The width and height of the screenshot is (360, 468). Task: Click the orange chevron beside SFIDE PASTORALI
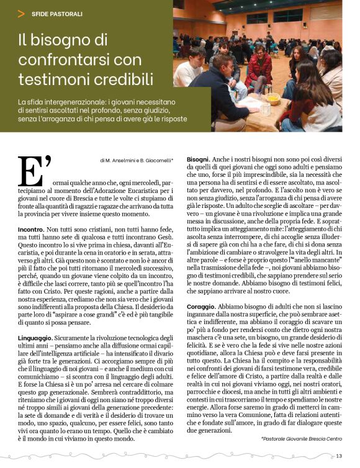[x=22, y=13]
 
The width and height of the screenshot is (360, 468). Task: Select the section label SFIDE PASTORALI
[x=57, y=13]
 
